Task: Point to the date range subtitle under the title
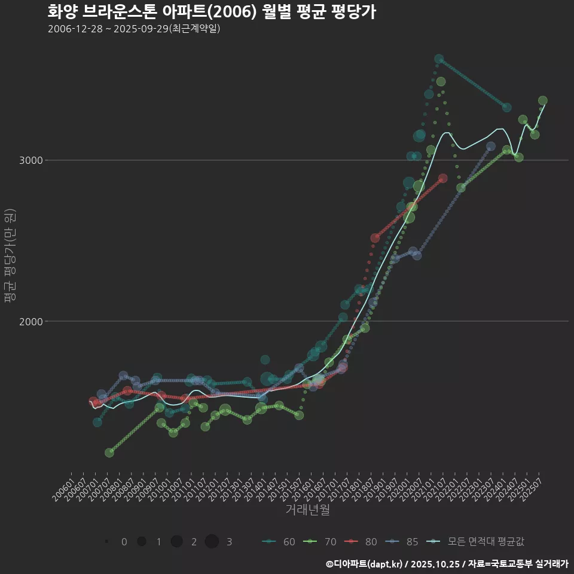click(134, 29)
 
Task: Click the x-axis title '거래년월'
click(307, 510)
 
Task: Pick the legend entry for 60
click(279, 542)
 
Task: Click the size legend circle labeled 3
click(212, 542)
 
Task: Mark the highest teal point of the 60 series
click(439, 59)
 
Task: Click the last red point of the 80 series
click(442, 178)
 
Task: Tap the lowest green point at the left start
click(109, 453)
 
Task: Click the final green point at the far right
click(543, 100)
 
